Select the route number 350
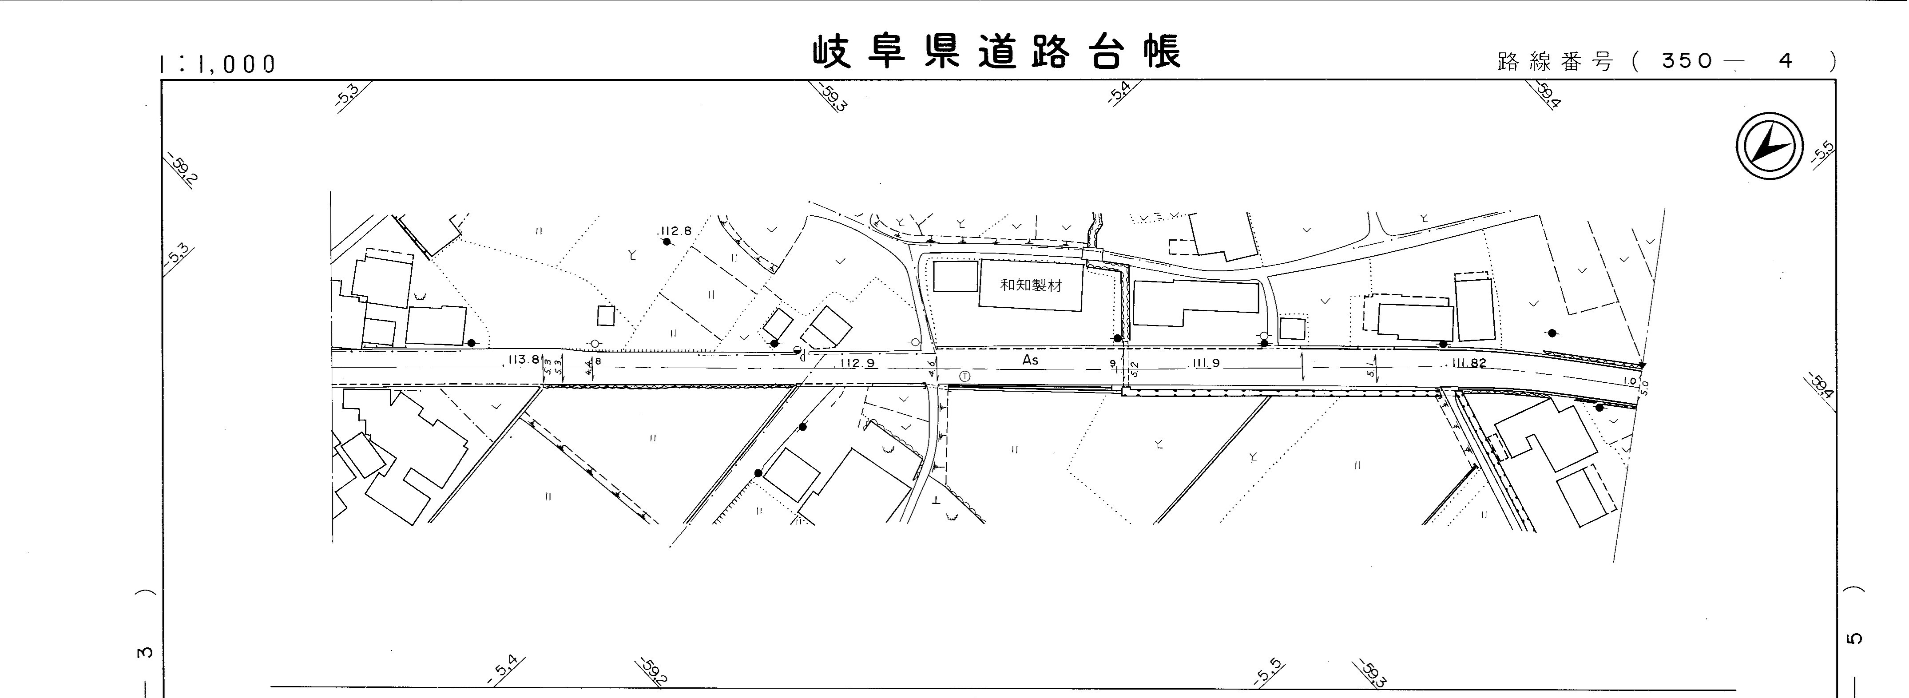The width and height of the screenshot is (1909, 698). click(1687, 61)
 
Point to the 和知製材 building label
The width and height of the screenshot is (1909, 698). click(1031, 285)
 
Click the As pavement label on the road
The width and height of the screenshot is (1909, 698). click(1030, 360)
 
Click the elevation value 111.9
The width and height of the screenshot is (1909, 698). click(1206, 363)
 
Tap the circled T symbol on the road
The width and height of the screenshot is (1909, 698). click(964, 377)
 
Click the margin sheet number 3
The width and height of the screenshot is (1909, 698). click(145, 652)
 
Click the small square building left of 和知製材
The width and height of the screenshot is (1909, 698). click(955, 276)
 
